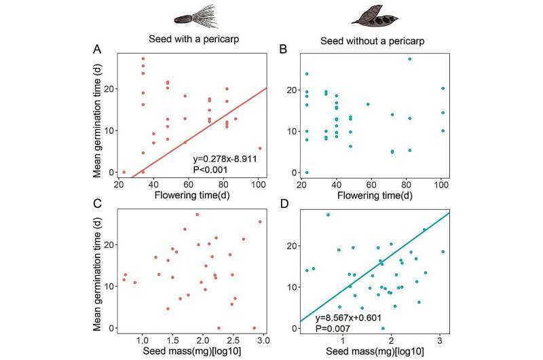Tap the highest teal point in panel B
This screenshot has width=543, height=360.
click(x=410, y=59)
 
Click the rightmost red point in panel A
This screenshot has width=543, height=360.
click(x=260, y=148)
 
